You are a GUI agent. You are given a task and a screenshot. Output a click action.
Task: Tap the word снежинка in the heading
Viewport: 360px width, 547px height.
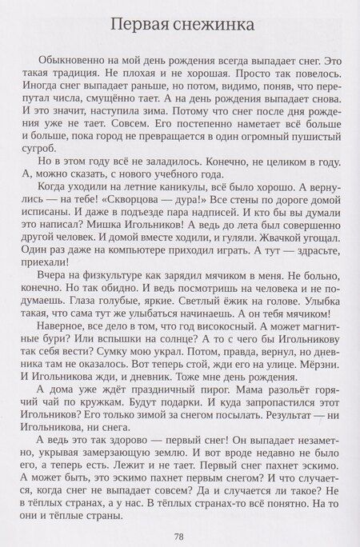(x=214, y=26)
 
